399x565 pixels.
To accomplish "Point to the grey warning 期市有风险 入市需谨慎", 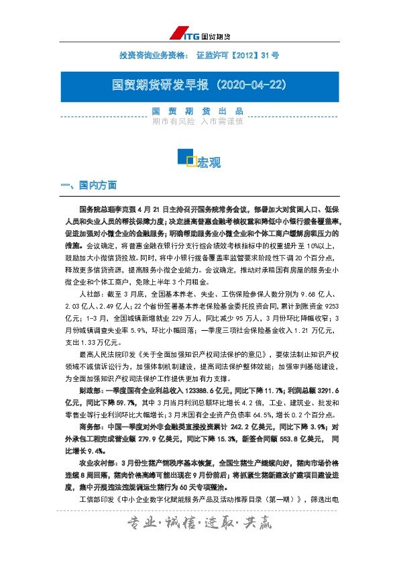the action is [x=197, y=121].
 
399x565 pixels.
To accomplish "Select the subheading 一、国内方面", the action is [x=88, y=184].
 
